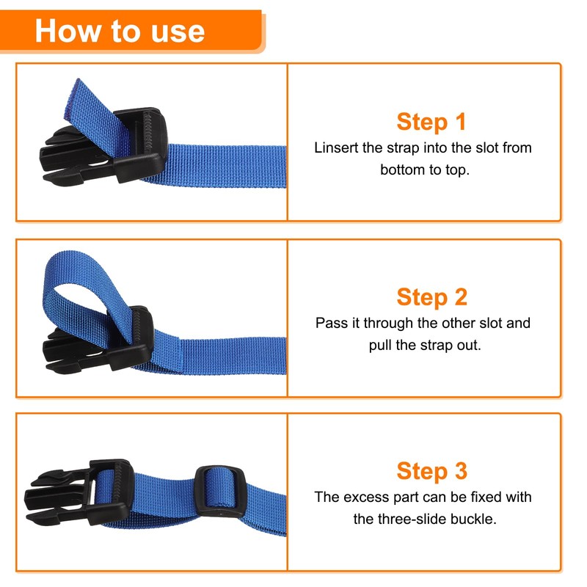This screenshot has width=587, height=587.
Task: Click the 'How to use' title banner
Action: (121, 31)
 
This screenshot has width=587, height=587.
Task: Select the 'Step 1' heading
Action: (431, 121)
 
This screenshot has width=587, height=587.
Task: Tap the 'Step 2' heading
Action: (431, 297)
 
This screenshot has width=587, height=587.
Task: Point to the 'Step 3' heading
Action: (431, 471)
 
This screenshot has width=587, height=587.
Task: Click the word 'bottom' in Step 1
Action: (402, 169)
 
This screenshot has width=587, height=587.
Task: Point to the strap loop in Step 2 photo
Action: (81, 279)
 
